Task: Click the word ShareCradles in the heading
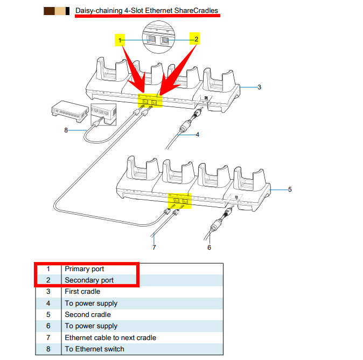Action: click(196, 10)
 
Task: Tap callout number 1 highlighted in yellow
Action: click(120, 40)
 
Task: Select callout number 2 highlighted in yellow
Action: click(196, 39)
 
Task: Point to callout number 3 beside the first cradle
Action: click(259, 87)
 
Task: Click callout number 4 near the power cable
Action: click(198, 135)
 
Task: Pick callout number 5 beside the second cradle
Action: click(290, 189)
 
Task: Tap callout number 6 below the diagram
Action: click(210, 248)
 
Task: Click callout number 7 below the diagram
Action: click(154, 248)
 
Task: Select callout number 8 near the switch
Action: click(66, 130)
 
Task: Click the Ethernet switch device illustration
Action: click(70, 111)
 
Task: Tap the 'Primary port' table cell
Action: click(84, 269)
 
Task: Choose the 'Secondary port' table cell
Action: click(89, 280)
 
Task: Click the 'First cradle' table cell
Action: click(82, 292)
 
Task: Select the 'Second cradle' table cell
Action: click(88, 315)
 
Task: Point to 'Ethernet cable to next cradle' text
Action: click(110, 338)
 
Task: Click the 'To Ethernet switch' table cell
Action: click(94, 349)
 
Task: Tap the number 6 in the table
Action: click(48, 326)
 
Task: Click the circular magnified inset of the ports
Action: click(158, 37)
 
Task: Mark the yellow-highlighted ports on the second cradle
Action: click(180, 201)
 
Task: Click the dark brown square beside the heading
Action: click(50, 11)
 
